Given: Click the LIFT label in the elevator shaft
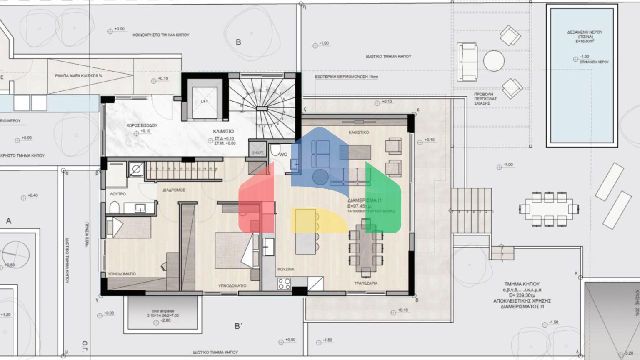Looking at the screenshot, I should (x=204, y=101).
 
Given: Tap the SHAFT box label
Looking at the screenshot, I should (x=257, y=153).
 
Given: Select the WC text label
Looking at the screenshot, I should (x=283, y=155).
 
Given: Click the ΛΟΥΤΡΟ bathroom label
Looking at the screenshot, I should (x=118, y=194).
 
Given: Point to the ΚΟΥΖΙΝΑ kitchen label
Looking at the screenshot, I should (x=286, y=269).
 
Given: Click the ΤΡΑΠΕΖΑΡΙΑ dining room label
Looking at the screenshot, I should (x=366, y=283).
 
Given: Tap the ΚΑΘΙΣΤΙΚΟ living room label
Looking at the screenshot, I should (x=359, y=132).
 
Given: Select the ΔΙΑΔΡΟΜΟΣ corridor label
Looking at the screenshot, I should (x=174, y=190).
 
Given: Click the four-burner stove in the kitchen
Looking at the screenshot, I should (x=284, y=283).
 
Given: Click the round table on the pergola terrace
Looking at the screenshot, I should (x=494, y=61).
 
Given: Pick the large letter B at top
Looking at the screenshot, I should (x=238, y=42).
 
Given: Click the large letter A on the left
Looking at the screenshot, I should (x=8, y=221).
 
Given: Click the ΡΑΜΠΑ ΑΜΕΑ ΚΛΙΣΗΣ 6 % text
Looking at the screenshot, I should (x=78, y=76).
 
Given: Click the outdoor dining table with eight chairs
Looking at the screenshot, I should (x=549, y=208).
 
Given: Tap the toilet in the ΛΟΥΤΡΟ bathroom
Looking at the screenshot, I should (x=114, y=207).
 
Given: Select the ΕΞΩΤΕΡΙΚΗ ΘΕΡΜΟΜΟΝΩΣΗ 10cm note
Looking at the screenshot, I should (x=340, y=77).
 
